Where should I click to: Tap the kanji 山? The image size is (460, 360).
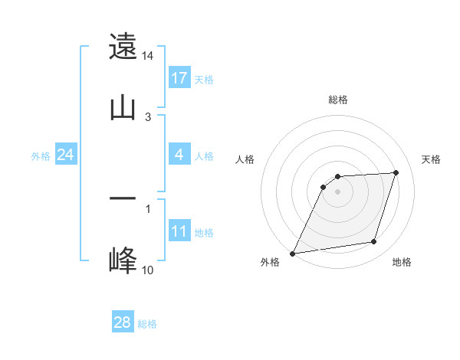click(123, 108)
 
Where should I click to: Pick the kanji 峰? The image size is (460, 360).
click(123, 260)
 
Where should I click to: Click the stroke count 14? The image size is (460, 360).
click(148, 56)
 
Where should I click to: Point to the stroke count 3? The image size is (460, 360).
click(148, 117)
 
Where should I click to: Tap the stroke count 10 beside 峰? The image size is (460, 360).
click(148, 270)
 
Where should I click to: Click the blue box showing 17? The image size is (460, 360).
click(179, 78)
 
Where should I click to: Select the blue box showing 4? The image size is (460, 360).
click(179, 155)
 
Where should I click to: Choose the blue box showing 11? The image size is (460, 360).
click(179, 231)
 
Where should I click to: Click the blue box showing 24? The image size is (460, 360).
click(65, 155)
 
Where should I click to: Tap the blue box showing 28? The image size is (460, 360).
click(123, 322)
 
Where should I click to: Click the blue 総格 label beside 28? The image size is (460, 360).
click(148, 324)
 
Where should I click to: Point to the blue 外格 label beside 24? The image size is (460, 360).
click(41, 155)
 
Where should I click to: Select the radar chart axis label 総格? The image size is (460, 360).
click(337, 100)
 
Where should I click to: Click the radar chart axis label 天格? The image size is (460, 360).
click(432, 159)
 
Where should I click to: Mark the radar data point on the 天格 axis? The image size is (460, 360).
click(396, 172)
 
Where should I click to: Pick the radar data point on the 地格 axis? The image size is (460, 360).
click(374, 242)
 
